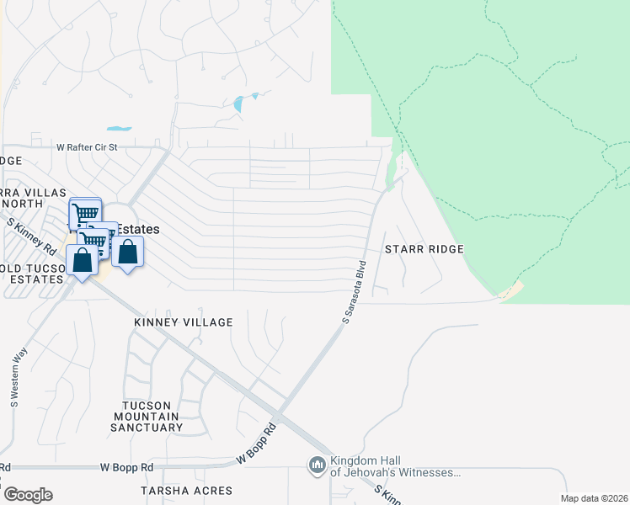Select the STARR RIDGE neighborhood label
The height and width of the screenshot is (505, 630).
click(424, 249)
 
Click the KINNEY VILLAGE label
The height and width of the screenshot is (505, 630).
click(183, 322)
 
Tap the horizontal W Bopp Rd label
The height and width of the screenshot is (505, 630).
click(126, 466)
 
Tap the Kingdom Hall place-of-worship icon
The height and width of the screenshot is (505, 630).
click(318, 465)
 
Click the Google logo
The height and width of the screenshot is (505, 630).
click(28, 495)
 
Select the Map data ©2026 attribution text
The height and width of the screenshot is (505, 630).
click(594, 498)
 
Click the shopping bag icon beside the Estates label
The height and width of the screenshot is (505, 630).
click(127, 252)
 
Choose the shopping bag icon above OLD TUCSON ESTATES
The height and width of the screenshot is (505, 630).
click(83, 258)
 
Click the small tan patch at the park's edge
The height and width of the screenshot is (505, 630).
click(511, 291)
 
